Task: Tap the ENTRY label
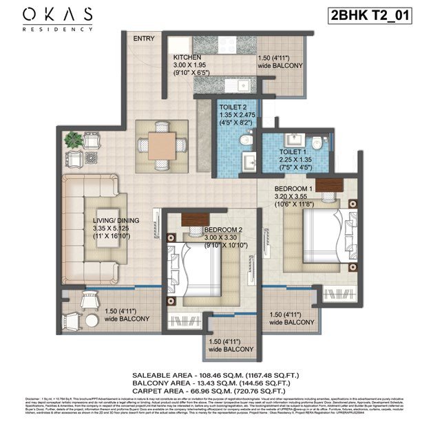coord(143,39)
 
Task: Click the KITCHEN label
coord(187,58)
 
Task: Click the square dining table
coord(161,145)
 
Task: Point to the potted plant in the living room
coord(72,140)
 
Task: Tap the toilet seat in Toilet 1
coord(315,142)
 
